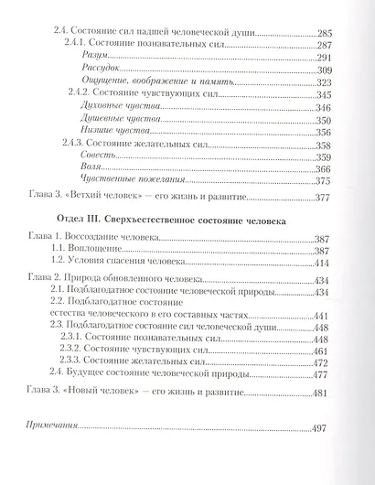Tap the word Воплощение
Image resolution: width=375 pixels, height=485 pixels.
(x=96, y=277)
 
